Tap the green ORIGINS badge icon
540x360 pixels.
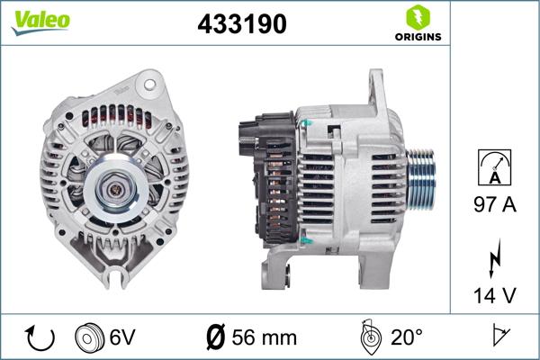tap(417, 17)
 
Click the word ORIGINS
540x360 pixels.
tap(417, 38)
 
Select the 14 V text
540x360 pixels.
tap(495, 293)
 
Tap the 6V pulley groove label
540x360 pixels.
tap(122, 337)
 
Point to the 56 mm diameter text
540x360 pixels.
tap(264, 337)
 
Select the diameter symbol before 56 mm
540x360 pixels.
tap(215, 337)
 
